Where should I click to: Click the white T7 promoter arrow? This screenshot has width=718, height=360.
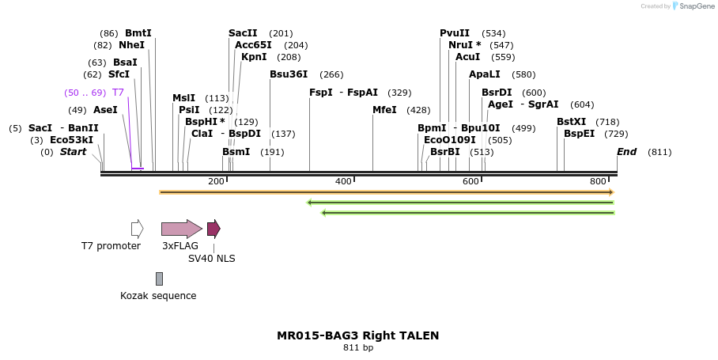pyautogui.click(x=137, y=229)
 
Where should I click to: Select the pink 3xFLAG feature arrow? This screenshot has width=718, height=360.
pyautogui.click(x=181, y=229)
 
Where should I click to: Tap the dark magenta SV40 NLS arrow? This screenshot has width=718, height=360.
pyautogui.click(x=214, y=229)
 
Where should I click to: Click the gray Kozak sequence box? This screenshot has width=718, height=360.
pyautogui.click(x=159, y=279)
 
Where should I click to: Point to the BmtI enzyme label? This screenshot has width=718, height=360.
pyautogui.click(x=138, y=33)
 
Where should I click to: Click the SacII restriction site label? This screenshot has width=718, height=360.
pyautogui.click(x=243, y=33)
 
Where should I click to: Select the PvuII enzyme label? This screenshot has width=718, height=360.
pyautogui.click(x=455, y=33)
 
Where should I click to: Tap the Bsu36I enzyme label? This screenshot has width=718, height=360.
pyautogui.click(x=289, y=74)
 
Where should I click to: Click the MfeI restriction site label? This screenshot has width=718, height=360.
pyautogui.click(x=384, y=110)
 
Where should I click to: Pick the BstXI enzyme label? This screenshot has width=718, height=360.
pyautogui.click(x=571, y=122)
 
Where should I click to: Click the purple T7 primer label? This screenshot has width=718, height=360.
pyautogui.click(x=118, y=93)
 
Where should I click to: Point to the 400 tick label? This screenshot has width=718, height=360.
pyautogui.click(x=343, y=182)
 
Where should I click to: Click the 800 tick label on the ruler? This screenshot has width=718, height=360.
pyautogui.click(x=598, y=182)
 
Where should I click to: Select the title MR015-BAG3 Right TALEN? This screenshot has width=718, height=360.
pyautogui.click(x=357, y=335)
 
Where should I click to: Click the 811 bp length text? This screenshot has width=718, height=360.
pyautogui.click(x=357, y=347)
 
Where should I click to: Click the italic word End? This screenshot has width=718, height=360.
pyautogui.click(x=626, y=152)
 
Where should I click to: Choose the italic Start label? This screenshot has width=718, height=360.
pyautogui.click(x=73, y=152)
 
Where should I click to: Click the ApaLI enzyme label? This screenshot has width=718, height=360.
pyautogui.click(x=484, y=74)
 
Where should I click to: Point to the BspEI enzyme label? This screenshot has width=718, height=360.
pyautogui.click(x=579, y=134)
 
